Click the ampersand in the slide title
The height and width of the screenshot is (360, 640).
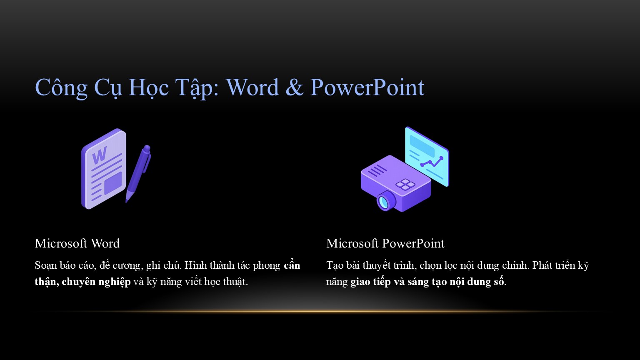[x=294, y=87]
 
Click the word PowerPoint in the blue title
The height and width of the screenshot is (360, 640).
[x=367, y=87]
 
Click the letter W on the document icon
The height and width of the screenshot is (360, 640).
[x=100, y=155]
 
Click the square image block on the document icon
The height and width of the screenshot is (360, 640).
[x=113, y=183]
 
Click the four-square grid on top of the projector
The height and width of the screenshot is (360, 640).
[x=405, y=184]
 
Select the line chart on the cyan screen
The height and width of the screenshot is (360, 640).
[x=432, y=162]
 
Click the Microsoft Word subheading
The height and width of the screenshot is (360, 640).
[x=77, y=243]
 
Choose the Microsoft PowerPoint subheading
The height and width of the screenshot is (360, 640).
[x=385, y=243]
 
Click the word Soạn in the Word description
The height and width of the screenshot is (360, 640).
[x=46, y=265]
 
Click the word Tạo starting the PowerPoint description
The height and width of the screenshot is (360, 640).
[x=335, y=265]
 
